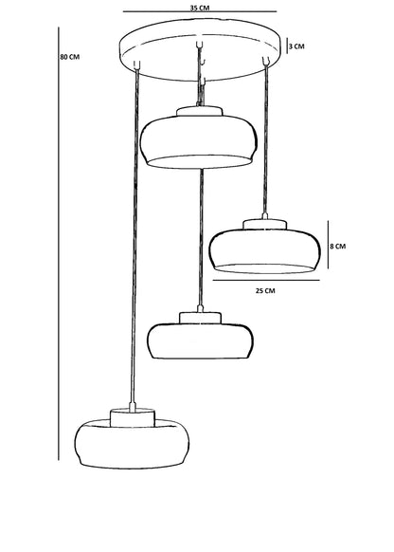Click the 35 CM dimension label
(200, 8)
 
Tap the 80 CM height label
(69, 57)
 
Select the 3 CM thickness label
(296, 46)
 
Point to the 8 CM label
(338, 246)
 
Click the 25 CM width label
(265, 291)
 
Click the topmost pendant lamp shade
(199, 140)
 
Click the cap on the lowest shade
(133, 418)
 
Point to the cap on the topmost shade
(199, 111)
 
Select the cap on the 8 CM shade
(264, 224)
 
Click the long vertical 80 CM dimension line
(59, 244)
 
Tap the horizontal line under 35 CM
(200, 11)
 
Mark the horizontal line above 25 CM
(266, 280)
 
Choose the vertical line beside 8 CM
(329, 245)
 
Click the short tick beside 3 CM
(287, 46)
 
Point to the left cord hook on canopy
(137, 64)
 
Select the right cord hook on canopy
(266, 61)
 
